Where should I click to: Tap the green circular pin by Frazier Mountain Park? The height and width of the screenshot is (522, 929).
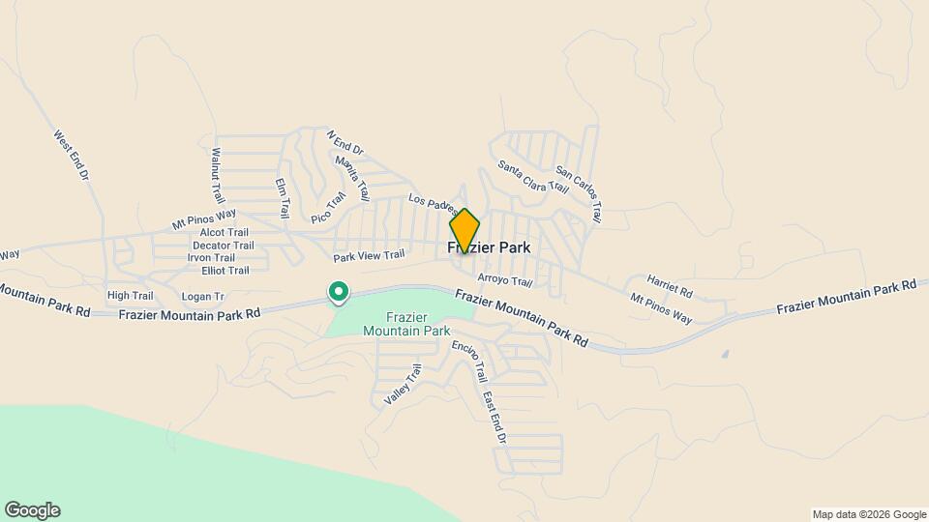tap(339, 290)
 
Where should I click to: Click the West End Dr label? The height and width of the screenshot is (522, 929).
tap(72, 158)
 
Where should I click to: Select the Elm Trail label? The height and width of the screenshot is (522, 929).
tap(283, 197)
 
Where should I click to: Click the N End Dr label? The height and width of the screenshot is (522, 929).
tap(344, 143)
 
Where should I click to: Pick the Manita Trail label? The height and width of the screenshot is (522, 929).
tap(352, 178)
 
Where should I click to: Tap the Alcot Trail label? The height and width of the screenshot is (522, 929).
tap(225, 232)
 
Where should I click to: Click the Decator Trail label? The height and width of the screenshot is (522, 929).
tap(223, 245)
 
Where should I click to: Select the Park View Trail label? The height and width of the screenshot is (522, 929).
tap(369, 256)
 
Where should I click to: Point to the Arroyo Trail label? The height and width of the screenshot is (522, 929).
tap(505, 281)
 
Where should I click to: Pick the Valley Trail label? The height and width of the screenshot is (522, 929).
tap(403, 384)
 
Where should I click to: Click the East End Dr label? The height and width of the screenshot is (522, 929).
tap(494, 417)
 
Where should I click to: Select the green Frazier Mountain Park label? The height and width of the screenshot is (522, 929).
tap(406, 324)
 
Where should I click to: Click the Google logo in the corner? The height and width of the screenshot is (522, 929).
tap(32, 510)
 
